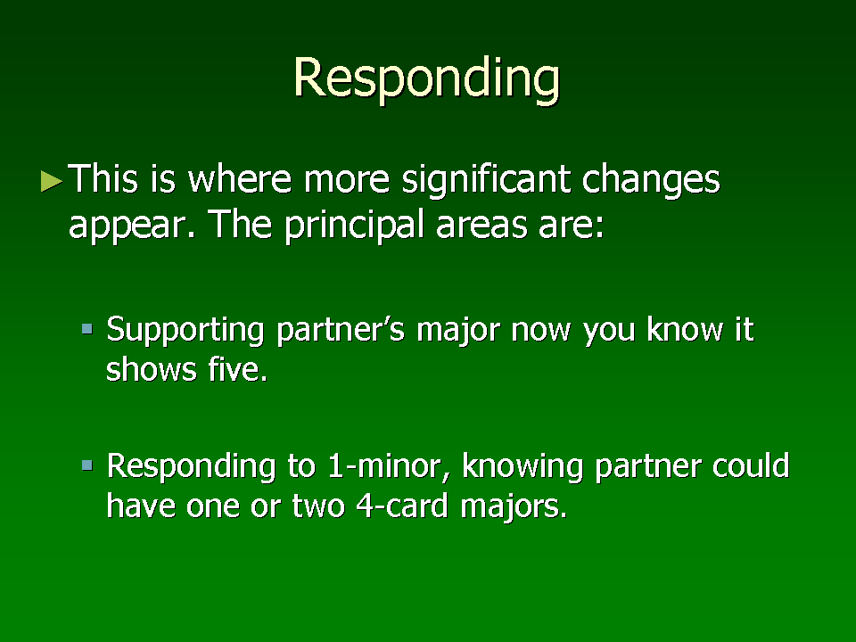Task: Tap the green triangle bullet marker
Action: [x=52, y=181]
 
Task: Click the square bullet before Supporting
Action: [x=87, y=329]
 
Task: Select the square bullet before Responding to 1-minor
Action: [x=87, y=465]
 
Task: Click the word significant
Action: [x=487, y=180]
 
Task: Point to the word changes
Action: [x=651, y=180]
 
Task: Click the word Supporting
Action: [x=185, y=331]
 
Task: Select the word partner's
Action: [x=341, y=331]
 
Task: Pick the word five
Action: [x=237, y=369]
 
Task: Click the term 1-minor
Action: [x=389, y=466]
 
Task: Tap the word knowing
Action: [x=523, y=467]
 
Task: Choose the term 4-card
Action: [x=402, y=506]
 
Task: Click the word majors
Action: [x=514, y=507]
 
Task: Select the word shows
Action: [x=151, y=369]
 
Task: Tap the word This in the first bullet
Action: [x=103, y=178]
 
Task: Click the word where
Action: [x=240, y=178]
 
